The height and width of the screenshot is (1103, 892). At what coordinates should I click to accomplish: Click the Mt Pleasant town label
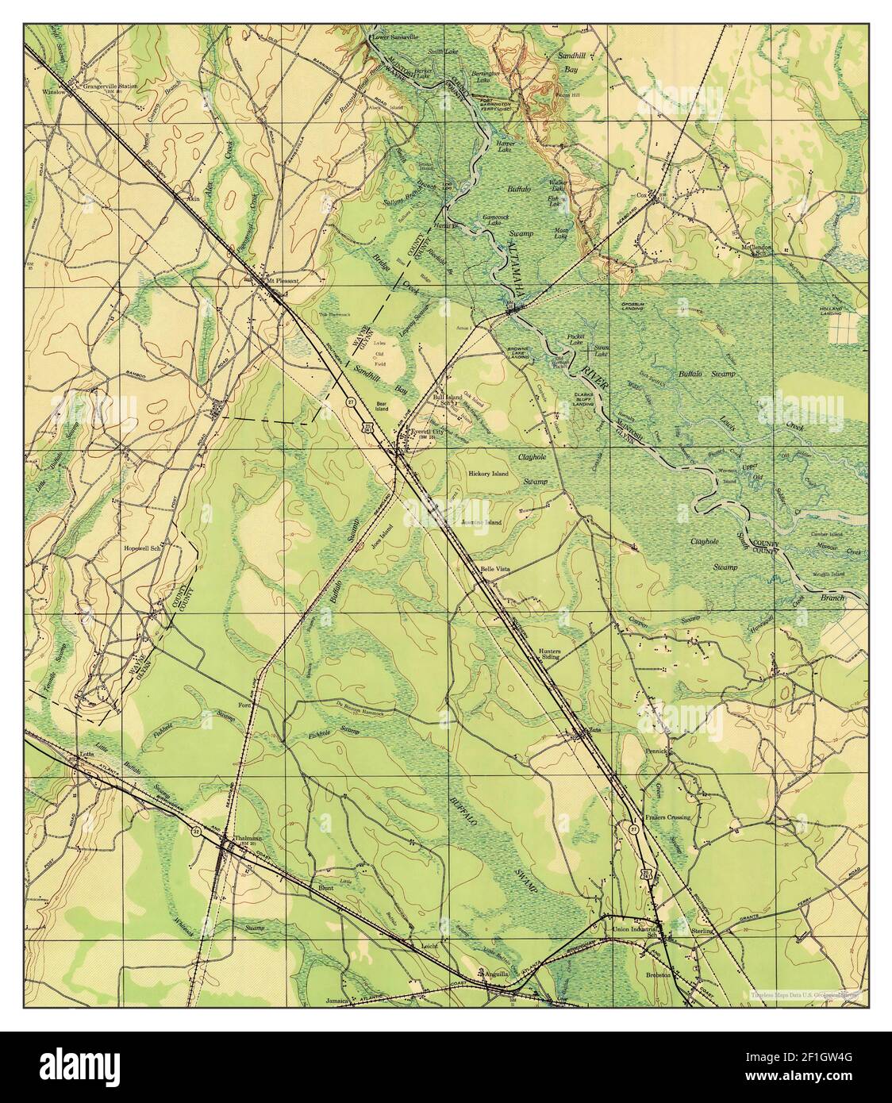pyautogui.click(x=283, y=279)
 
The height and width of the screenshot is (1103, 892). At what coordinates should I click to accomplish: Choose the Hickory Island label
pyautogui.click(x=488, y=474)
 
